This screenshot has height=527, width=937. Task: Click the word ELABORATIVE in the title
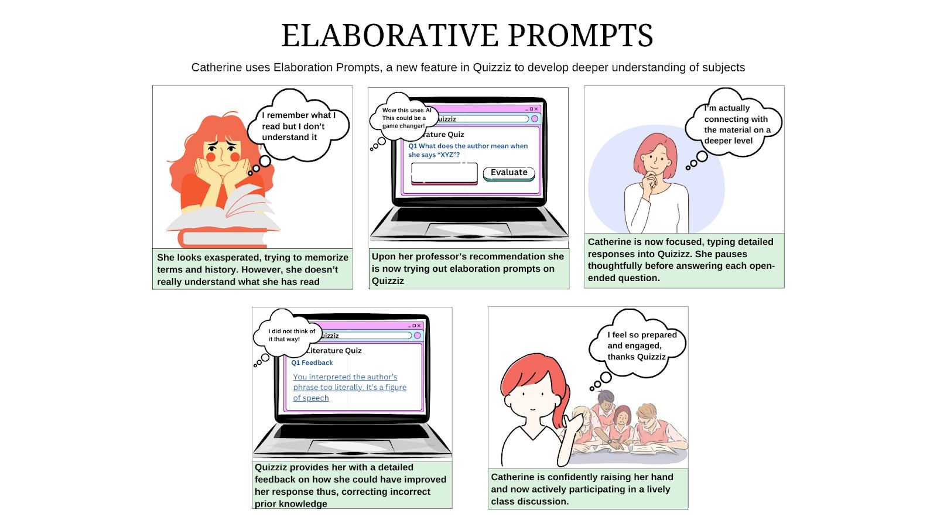[390, 35]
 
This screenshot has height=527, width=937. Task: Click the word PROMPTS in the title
[580, 35]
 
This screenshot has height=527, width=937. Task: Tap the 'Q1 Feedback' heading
[312, 362]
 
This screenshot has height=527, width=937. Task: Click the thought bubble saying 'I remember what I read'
[298, 125]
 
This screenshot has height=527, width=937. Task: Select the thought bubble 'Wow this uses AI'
[404, 117]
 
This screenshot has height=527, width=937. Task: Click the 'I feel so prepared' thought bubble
[637, 345]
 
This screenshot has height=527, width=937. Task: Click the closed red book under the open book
[223, 239]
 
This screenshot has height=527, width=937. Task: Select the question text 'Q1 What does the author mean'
[468, 150]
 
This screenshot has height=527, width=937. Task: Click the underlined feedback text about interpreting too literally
[350, 387]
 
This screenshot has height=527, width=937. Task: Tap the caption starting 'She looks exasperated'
[252, 269]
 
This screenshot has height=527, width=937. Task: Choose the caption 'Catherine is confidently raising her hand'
[588, 488]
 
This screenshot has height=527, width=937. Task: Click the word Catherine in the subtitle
[217, 67]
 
